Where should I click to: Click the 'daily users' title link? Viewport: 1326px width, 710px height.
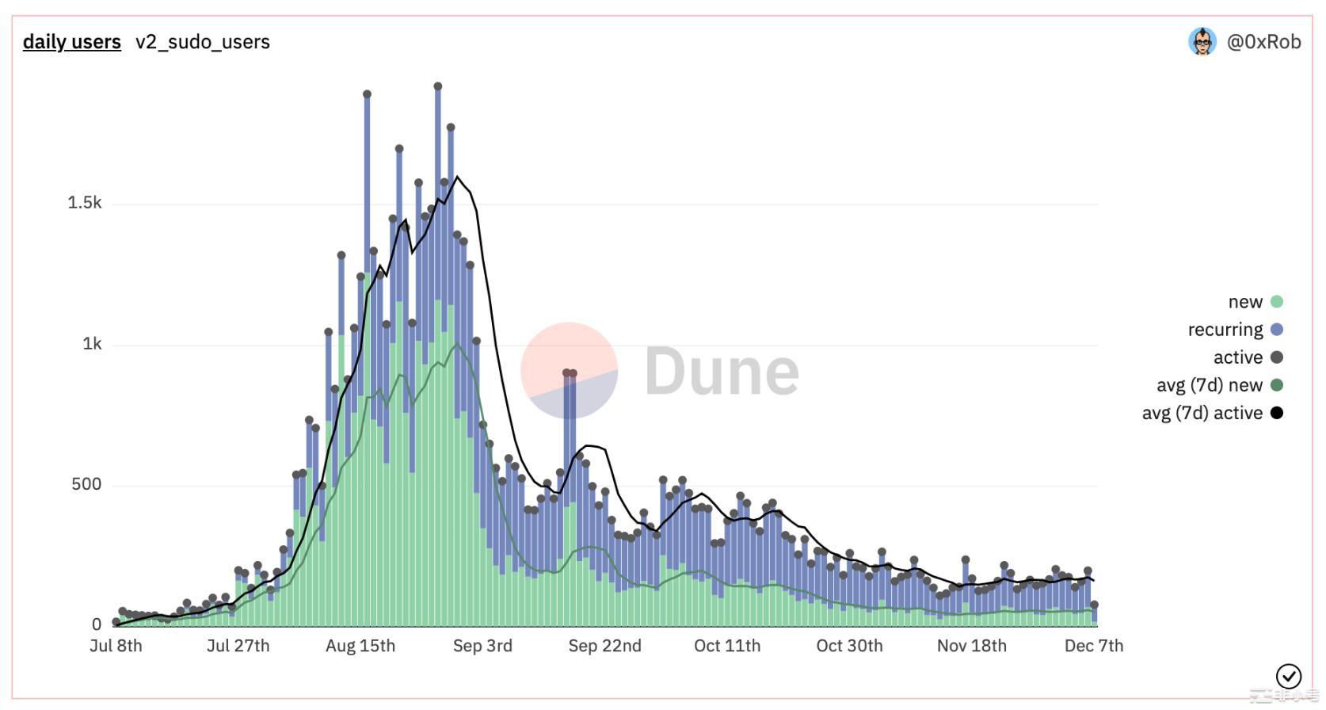[x=72, y=42]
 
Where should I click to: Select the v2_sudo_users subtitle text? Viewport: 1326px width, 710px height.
[x=203, y=42]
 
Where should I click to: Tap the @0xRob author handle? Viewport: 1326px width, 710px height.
[x=1263, y=42]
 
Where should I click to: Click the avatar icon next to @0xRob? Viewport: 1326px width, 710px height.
[x=1202, y=42]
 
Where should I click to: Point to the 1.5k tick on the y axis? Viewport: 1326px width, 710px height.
[x=85, y=203]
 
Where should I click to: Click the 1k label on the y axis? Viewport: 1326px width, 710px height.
[x=92, y=344]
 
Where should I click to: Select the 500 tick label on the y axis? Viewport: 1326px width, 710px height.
[x=86, y=484]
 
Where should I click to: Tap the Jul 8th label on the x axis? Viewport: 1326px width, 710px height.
[x=116, y=646]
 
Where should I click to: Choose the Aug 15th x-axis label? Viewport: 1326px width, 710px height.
[x=360, y=646]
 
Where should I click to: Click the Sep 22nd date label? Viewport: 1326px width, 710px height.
[x=604, y=646]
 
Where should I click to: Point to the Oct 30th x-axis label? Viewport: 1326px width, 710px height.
[x=849, y=646]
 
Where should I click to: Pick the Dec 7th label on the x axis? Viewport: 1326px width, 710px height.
[x=1094, y=646]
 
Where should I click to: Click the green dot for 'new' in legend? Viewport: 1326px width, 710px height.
[x=1276, y=302]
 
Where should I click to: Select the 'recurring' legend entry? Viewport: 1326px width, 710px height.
[x=1225, y=330]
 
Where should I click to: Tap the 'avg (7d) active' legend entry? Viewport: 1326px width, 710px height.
[x=1202, y=413]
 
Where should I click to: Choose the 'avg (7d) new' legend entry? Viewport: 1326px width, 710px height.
[x=1209, y=385]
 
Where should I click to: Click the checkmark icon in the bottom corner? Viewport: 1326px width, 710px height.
[x=1289, y=676]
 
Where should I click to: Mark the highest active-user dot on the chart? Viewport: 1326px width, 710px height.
[x=438, y=86]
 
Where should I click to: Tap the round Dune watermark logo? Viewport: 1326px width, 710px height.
[x=569, y=370]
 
